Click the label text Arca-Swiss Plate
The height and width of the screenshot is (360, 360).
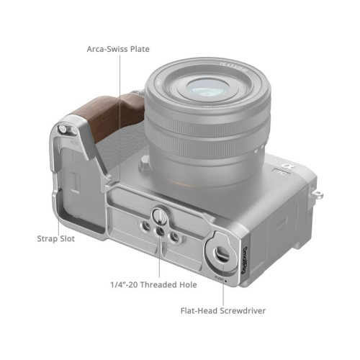pyautogui.click(x=118, y=49)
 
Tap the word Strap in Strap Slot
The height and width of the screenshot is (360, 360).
pyautogui.click(x=47, y=239)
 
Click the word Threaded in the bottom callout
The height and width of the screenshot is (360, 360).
pyautogui.click(x=158, y=284)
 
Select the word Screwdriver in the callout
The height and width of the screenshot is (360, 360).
pyautogui.click(x=243, y=311)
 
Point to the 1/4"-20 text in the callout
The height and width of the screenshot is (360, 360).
pyautogui.click(x=124, y=284)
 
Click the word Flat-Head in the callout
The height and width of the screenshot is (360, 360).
pyautogui.click(x=199, y=311)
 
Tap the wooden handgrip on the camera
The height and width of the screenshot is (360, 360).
pyautogui.click(x=109, y=114)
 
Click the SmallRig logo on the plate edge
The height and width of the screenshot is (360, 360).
pyautogui.click(x=244, y=260)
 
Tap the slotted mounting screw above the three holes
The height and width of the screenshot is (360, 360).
pyautogui.click(x=159, y=213)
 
